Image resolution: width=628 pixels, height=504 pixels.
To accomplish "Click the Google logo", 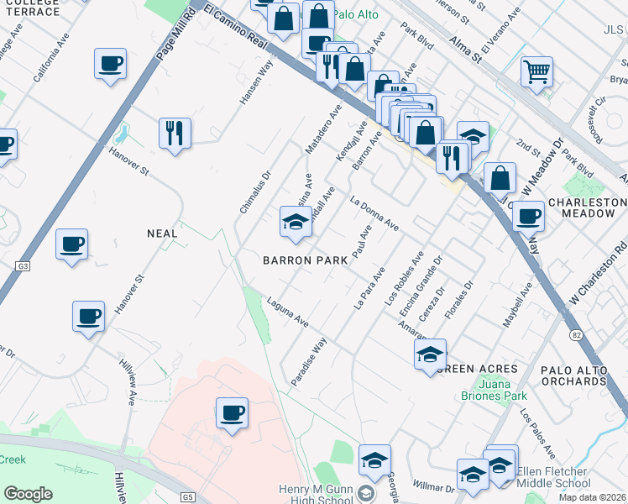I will pos(28,494).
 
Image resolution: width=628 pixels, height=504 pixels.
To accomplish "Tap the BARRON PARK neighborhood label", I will pos(305,261).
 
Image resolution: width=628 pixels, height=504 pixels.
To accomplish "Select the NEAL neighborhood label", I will pos(162,234).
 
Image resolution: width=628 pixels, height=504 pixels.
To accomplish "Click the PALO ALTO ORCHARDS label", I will pos(584,375).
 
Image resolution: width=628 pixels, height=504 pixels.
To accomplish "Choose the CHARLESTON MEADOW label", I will pos(588,208).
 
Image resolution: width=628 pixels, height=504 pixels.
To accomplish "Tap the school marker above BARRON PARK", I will pos(296,222).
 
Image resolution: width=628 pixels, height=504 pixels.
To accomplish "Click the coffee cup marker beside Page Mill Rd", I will pos(111,64).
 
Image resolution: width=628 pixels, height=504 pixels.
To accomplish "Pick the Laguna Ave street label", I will pos(289,312).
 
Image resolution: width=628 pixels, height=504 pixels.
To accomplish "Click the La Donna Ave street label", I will pos(374,214).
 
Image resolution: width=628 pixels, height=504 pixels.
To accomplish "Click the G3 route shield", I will pos(22,266).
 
